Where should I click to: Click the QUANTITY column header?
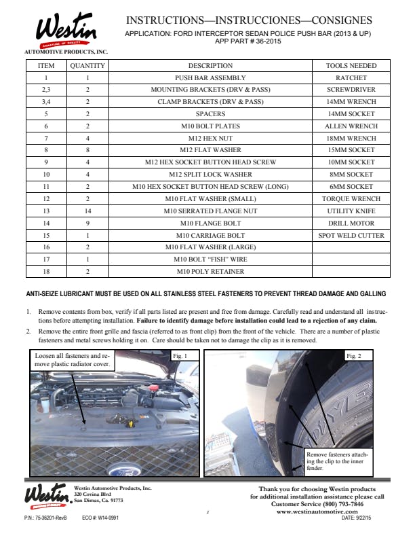[87, 66]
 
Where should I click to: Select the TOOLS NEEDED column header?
[351, 66]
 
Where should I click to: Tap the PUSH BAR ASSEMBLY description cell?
[210, 78]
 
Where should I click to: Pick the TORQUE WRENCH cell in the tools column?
[351, 199]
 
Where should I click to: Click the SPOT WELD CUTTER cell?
[351, 236]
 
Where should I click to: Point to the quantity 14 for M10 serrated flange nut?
[87, 211]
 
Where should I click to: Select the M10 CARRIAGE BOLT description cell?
[210, 236]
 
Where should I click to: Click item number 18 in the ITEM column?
[46, 272]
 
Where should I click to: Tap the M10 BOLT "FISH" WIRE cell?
[210, 259]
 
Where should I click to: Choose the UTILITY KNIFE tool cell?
[351, 211]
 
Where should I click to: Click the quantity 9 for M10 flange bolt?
[87, 223]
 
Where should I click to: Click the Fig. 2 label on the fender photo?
[354, 356]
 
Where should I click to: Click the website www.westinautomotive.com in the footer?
[317, 512]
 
